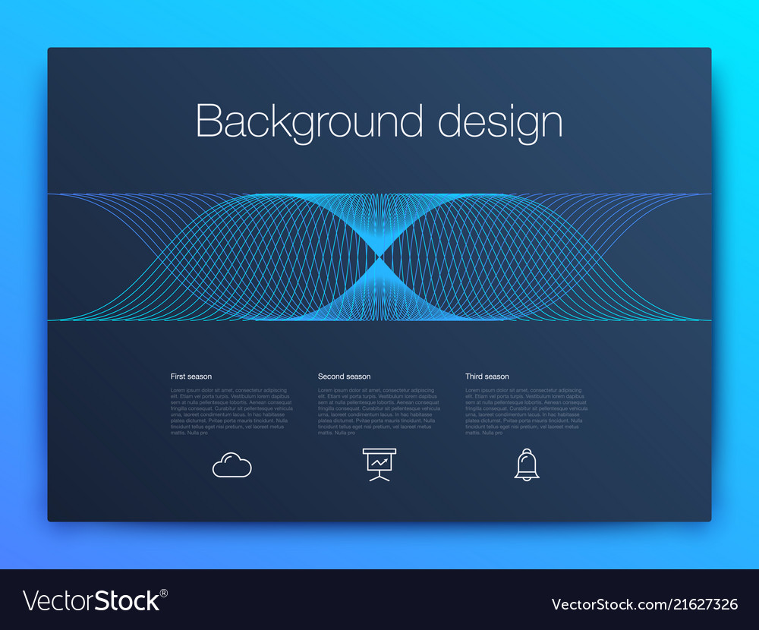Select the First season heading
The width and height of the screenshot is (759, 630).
[191, 376]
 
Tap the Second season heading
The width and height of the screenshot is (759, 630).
[344, 376]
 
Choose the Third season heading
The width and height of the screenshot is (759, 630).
[487, 376]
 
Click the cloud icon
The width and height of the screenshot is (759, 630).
[231, 465]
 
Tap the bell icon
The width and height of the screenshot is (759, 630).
[527, 464]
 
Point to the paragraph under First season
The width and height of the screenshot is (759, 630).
[231, 411]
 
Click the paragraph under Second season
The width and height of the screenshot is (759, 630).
[379, 411]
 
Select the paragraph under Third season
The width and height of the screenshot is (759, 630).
[526, 411]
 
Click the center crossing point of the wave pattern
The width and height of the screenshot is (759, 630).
[379, 257]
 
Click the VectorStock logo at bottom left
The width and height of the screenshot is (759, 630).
[91, 601]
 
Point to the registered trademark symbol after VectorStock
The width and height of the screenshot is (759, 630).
[164, 593]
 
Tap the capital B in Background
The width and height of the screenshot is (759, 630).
[207, 121]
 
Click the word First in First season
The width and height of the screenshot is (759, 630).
[178, 376]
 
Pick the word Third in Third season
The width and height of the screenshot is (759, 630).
[474, 376]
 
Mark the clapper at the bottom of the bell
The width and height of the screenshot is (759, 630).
[527, 478]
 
